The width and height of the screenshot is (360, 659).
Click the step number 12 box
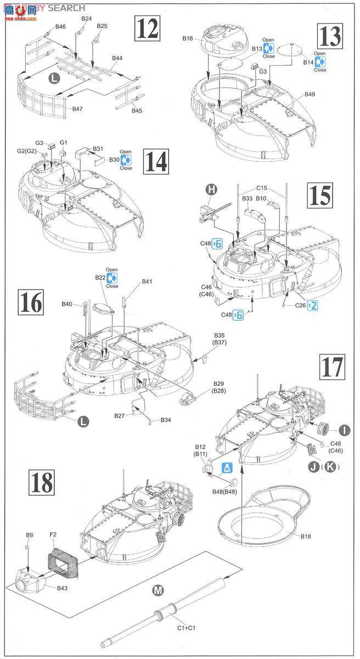[145, 28]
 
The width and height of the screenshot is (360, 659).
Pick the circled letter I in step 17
[344, 429]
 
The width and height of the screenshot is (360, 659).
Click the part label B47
[77, 109]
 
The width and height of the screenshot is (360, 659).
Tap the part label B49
[310, 94]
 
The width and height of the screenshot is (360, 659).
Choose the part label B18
[306, 535]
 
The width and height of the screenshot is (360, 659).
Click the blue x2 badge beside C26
[312, 305]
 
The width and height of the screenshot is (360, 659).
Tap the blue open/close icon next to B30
[126, 160]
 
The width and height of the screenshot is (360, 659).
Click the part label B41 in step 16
[147, 282]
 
